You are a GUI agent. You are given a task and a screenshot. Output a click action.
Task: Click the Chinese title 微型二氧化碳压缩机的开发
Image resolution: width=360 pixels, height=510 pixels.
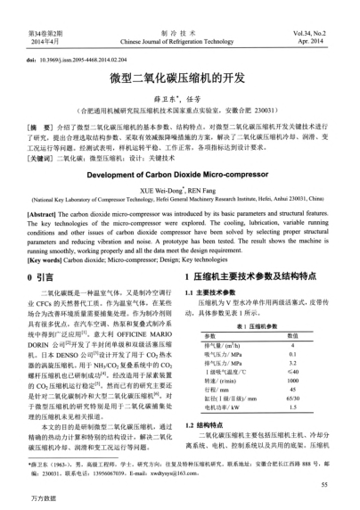coord(179,78)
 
